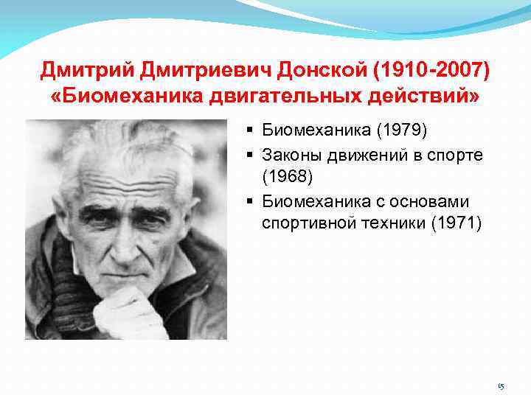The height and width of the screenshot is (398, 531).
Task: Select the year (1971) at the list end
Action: click(455, 223)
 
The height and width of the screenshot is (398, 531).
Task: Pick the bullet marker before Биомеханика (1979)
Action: click(251, 131)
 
